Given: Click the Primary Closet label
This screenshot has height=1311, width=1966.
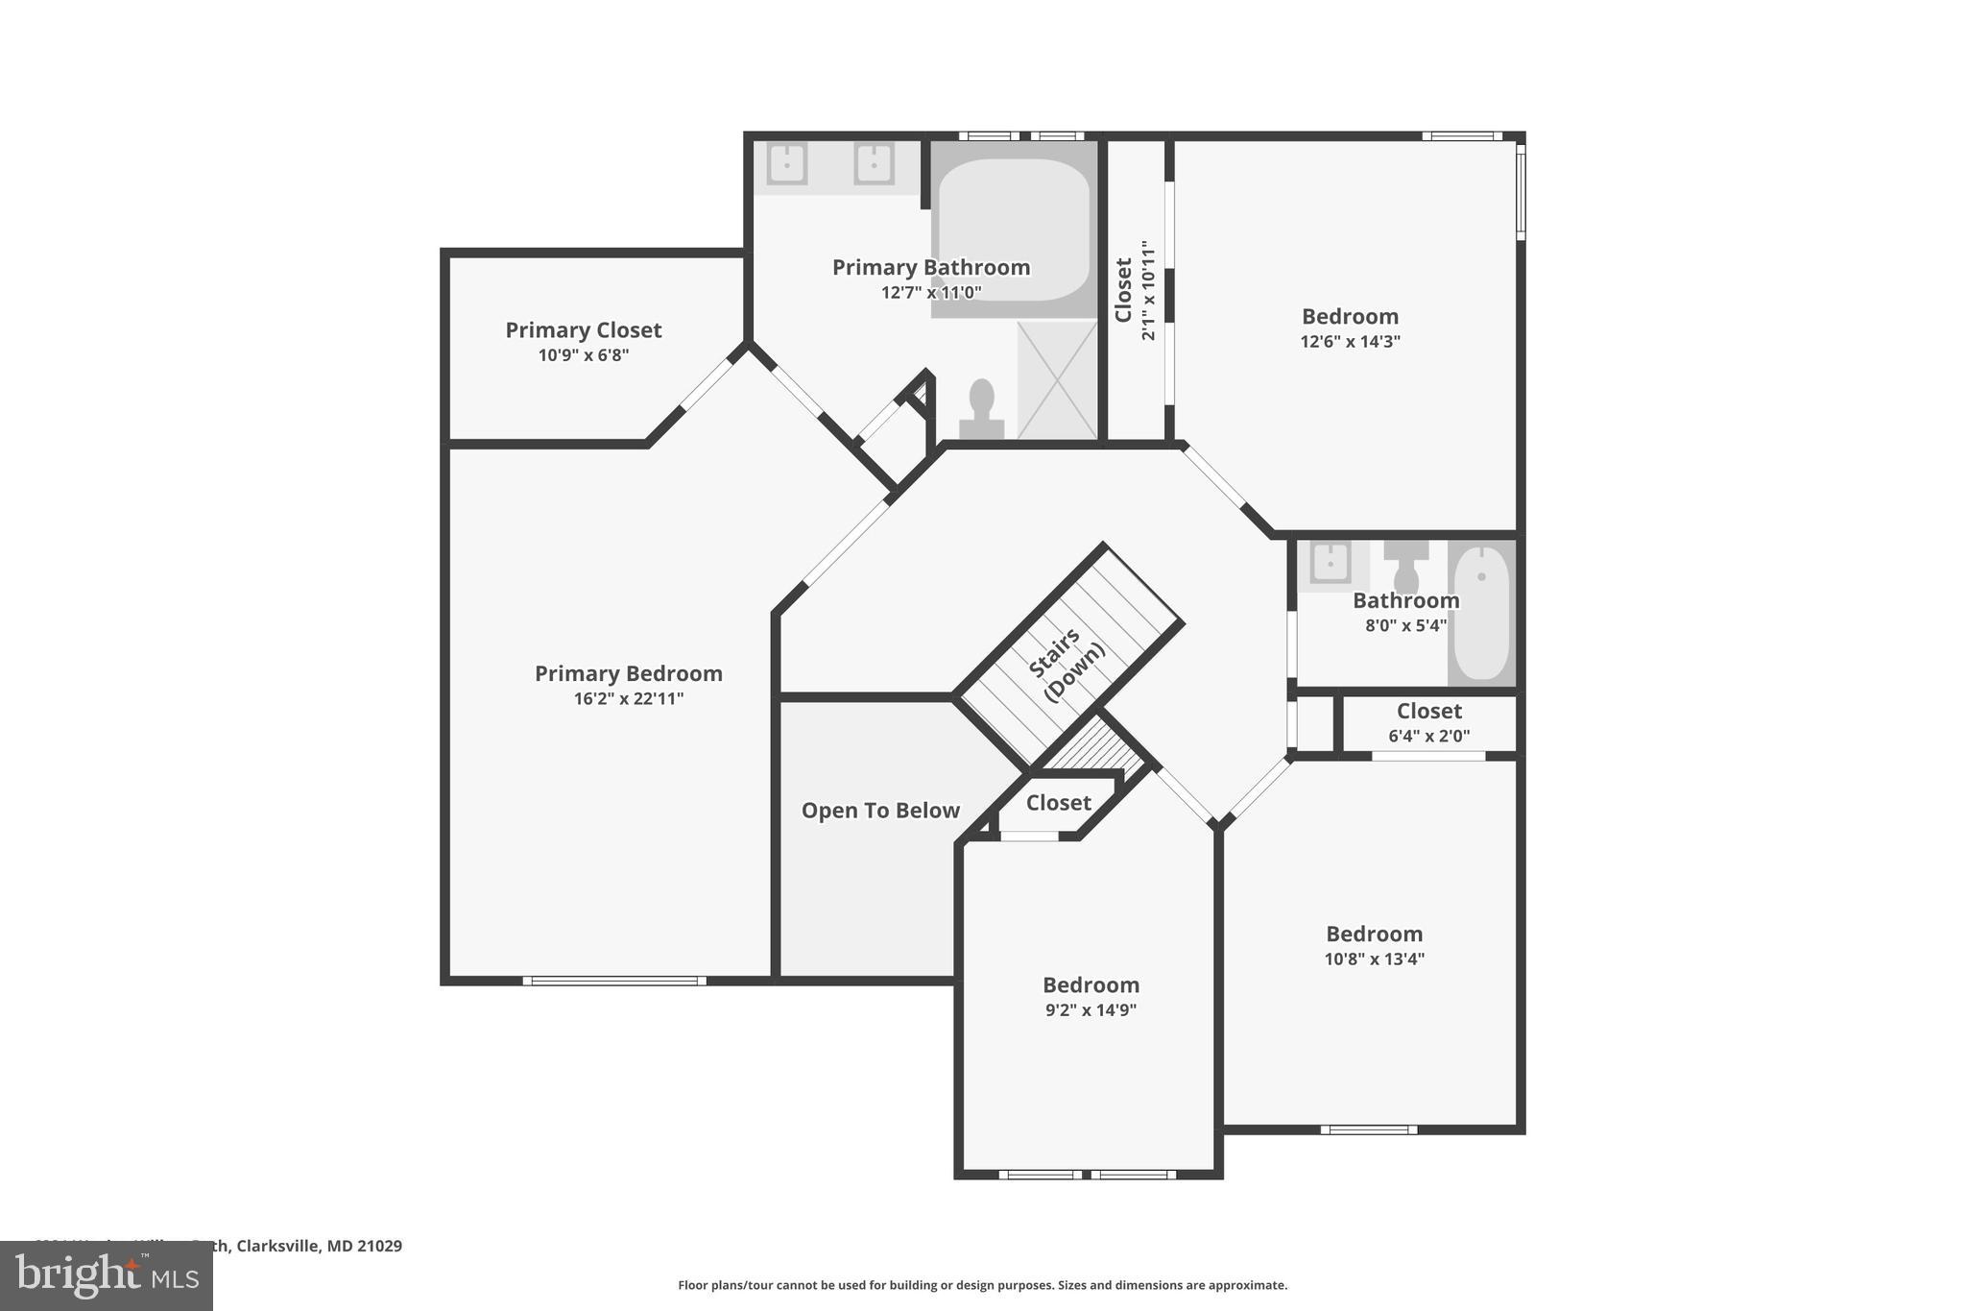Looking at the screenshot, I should click(583, 329).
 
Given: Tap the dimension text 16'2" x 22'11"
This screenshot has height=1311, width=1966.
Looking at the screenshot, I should click(628, 698).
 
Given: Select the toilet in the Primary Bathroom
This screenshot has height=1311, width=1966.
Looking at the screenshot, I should click(981, 409).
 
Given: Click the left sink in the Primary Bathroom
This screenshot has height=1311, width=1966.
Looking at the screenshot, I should click(786, 164).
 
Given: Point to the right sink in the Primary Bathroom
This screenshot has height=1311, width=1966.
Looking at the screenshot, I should click(874, 164).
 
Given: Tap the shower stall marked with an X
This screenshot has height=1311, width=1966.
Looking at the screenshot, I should click(1057, 380).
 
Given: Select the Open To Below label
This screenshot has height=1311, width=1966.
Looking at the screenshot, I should click(879, 811).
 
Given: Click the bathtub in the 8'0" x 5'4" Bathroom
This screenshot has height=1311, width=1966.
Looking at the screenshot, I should click(1480, 612).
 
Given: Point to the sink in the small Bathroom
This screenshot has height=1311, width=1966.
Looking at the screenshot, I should click(1330, 563).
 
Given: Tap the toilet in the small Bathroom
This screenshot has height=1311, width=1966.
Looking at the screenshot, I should click(1405, 568).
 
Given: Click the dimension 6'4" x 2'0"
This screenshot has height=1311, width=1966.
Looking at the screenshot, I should click(1428, 737).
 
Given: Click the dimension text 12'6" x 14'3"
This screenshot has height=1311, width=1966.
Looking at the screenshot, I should click(1350, 341).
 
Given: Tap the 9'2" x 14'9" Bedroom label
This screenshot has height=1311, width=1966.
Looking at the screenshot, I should click(1091, 984).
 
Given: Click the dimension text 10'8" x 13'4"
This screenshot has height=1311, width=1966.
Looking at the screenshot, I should click(1374, 959).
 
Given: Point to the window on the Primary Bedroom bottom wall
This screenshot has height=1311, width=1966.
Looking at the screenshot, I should click(614, 981).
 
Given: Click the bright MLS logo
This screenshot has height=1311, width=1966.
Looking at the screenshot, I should click(106, 1275).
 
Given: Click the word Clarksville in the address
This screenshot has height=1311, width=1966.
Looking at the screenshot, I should click(277, 1246).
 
